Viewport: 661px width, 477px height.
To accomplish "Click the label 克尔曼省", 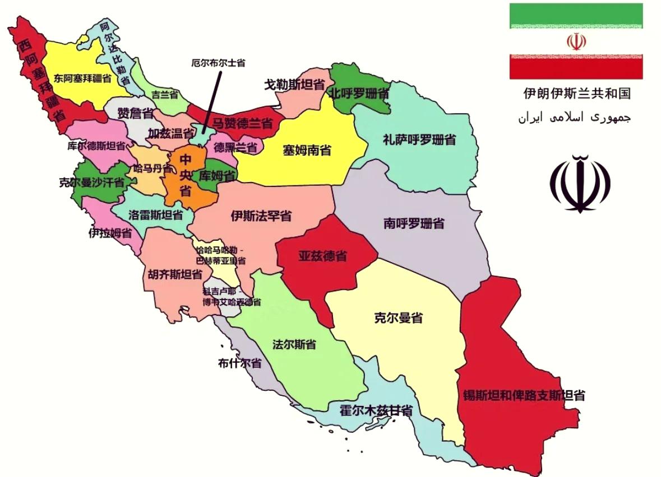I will [398, 319].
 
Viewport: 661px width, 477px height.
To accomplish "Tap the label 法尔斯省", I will [294, 344].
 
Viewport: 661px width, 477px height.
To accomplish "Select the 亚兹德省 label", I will [322, 257].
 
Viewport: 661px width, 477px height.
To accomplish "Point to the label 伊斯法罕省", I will [261, 216].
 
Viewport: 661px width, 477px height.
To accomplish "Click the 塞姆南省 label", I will [307, 151].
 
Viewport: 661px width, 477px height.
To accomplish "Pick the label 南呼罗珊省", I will [414, 223].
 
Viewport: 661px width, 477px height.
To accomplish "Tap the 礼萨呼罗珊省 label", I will [419, 139].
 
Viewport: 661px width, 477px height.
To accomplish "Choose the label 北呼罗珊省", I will [359, 92].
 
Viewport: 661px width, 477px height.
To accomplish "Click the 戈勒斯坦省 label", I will [295, 85].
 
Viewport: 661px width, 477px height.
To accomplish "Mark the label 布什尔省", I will [240, 363].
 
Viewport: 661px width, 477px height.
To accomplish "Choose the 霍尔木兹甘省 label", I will [376, 410].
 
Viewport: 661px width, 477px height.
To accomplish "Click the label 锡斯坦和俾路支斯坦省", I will [524, 395].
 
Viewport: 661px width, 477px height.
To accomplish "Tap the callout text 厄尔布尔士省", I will [218, 63].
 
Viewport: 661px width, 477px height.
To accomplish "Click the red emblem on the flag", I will [576, 42].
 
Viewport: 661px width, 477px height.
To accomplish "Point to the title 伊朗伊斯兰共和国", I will [576, 93].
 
